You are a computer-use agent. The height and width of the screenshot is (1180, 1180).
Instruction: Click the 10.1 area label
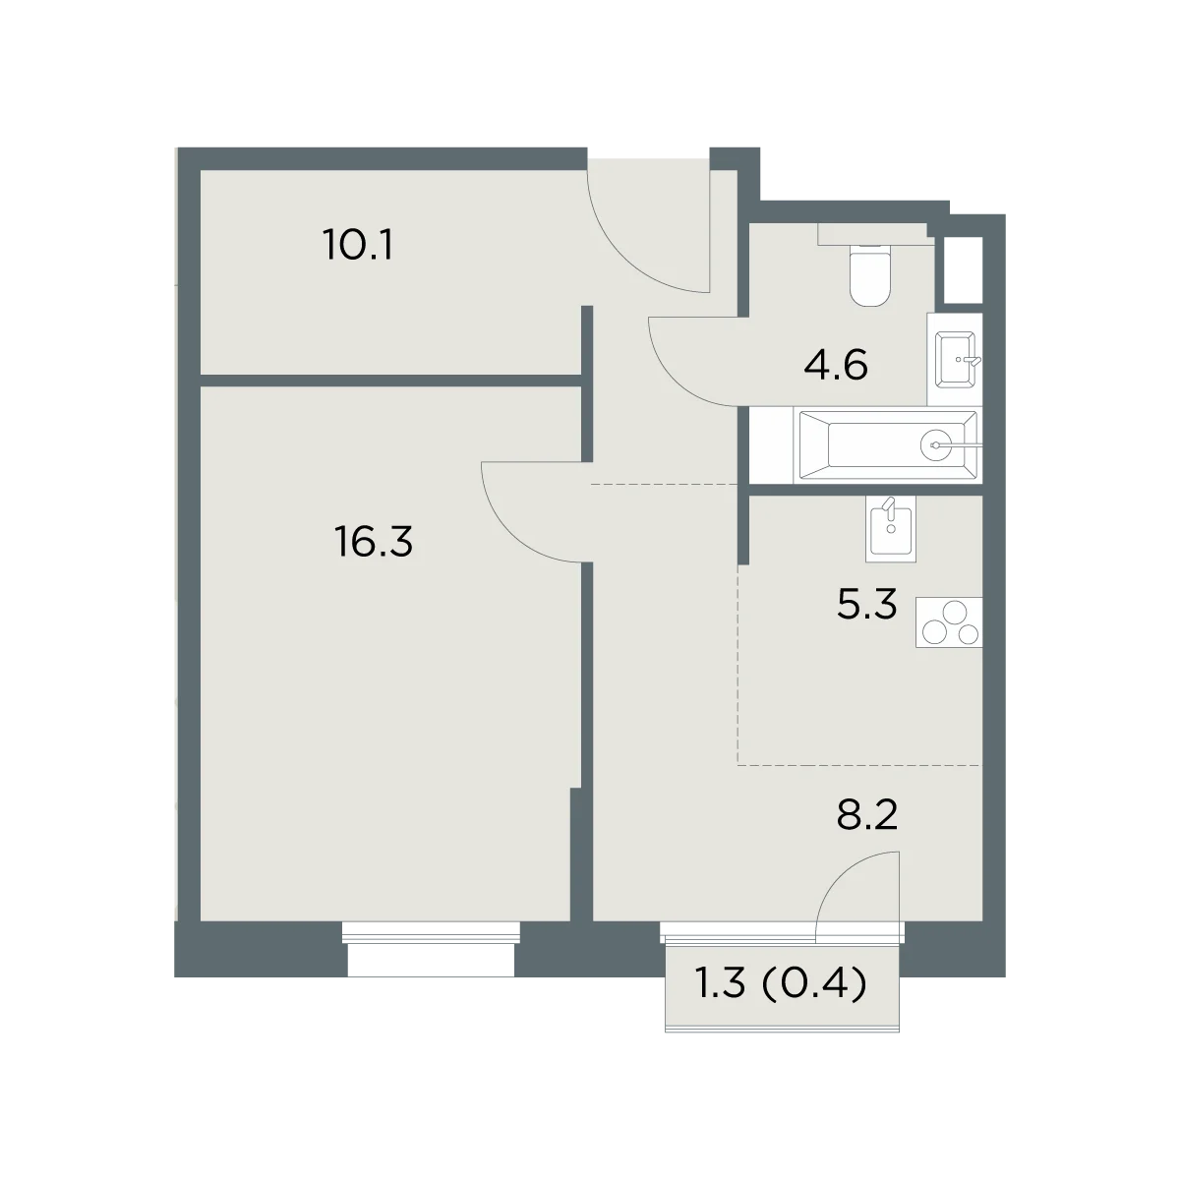358,245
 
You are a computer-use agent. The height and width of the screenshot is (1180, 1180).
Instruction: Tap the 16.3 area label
374,542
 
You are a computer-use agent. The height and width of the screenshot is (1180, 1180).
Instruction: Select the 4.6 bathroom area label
836,366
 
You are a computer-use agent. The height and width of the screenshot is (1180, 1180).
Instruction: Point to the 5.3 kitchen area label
866,604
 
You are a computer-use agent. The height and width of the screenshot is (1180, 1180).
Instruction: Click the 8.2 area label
867,815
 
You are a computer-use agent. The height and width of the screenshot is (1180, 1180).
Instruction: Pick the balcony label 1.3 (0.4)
782,1001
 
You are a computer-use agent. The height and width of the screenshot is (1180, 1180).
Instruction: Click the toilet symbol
870,274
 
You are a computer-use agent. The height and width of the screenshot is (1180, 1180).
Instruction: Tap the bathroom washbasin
955,359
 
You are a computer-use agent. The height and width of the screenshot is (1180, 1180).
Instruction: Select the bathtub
888,445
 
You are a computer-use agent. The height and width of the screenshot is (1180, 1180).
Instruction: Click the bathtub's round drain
936,445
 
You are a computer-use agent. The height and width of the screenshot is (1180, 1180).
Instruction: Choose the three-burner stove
949,622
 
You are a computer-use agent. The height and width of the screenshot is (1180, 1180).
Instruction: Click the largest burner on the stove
955,613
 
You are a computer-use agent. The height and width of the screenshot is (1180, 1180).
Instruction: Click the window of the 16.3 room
431,950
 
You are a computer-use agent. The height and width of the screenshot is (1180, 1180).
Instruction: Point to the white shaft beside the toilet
964,270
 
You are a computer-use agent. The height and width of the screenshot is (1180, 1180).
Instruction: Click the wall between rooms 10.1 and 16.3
390,381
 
